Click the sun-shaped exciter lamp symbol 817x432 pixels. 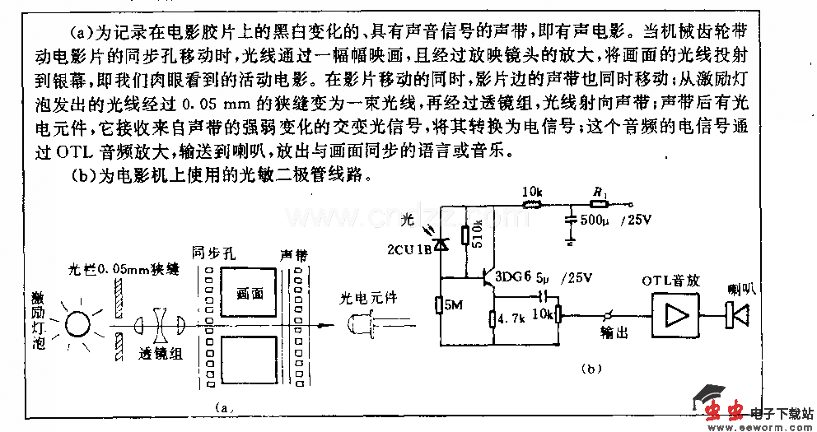click(x=78, y=323)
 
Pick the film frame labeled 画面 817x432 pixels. click(x=249, y=293)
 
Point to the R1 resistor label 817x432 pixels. click(x=599, y=193)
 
